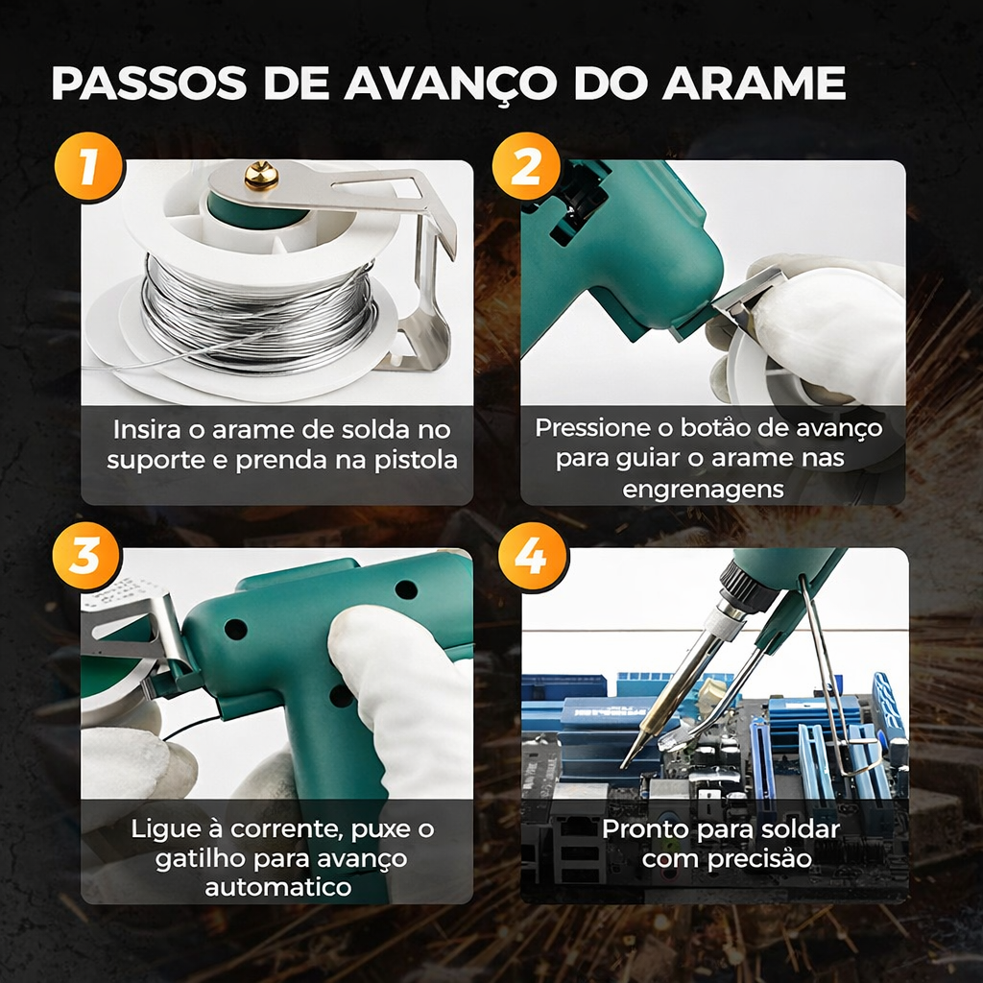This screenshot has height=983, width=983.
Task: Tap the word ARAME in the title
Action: click(754, 84)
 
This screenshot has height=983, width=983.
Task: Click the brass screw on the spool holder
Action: click(262, 176)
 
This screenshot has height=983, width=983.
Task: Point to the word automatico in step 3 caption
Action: click(277, 888)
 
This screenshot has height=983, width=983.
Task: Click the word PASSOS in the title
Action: click(148, 84)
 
